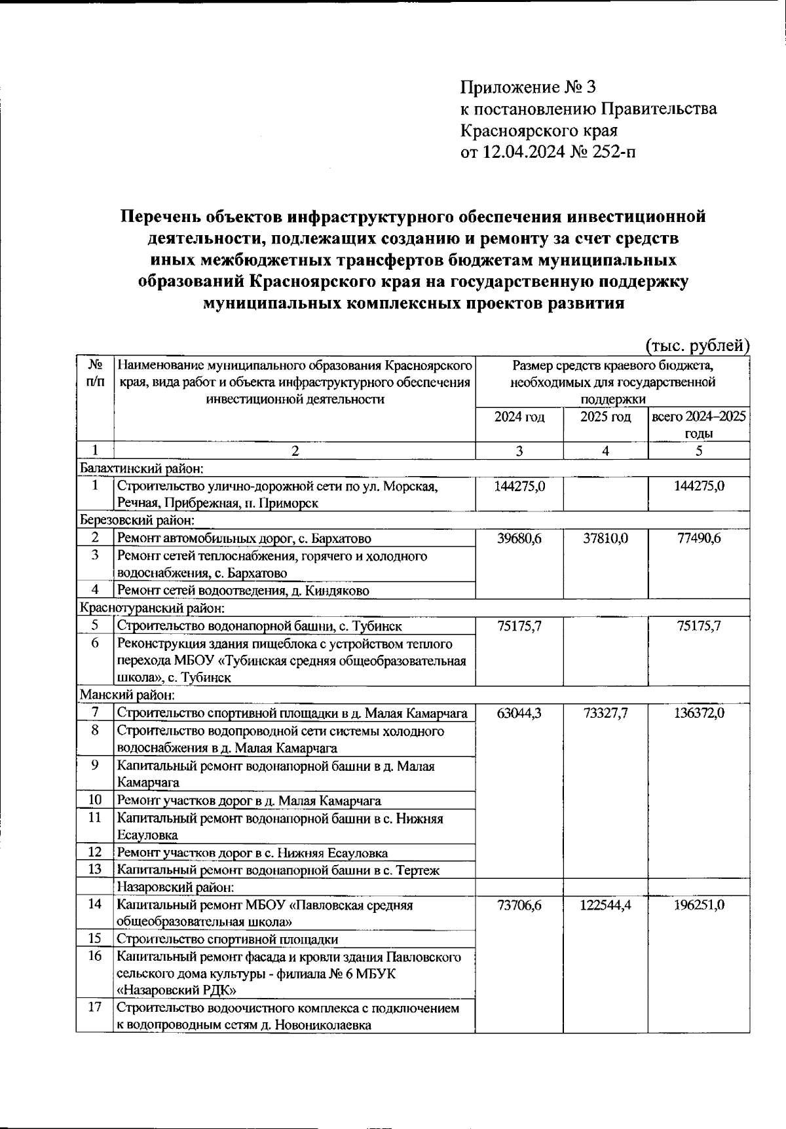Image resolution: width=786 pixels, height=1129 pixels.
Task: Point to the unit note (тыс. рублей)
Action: tap(697, 345)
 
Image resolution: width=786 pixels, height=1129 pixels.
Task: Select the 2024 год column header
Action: tap(519, 417)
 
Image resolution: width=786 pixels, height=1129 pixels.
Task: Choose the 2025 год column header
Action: tap(605, 417)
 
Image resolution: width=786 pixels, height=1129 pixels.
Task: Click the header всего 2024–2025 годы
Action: tap(699, 425)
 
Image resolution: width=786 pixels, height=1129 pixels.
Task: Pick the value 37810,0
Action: tap(605, 538)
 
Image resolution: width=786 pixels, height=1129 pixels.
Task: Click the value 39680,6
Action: tap(519, 538)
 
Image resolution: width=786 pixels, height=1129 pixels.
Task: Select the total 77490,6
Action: tap(699, 538)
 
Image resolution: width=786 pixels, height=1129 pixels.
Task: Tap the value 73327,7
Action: tap(605, 713)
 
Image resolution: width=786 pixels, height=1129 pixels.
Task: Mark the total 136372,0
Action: tap(699, 713)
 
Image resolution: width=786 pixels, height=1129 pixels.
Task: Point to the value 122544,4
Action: tap(605, 905)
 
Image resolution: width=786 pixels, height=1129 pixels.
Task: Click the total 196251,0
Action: tap(699, 905)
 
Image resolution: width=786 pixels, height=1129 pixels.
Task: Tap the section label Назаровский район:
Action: tap(176, 887)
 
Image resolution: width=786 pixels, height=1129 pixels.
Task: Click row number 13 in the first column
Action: tap(95, 870)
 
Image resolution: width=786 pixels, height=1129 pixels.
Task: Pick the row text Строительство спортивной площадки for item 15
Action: tap(227, 939)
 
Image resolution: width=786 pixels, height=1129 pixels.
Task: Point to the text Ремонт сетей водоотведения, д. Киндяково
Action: tap(243, 591)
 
